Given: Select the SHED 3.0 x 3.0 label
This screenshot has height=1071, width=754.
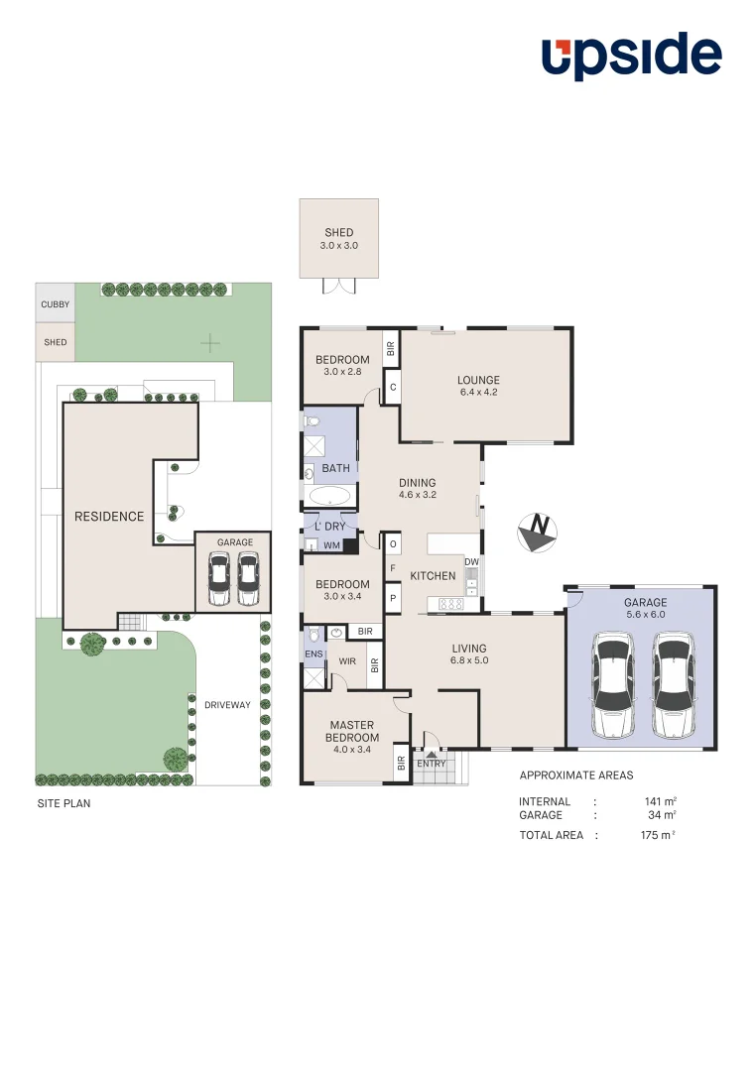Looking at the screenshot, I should [x=339, y=239].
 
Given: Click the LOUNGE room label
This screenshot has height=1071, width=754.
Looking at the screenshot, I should [x=478, y=386].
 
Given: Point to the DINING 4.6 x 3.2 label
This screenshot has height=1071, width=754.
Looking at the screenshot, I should [x=418, y=489].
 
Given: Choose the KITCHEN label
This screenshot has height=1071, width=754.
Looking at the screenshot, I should [x=433, y=576].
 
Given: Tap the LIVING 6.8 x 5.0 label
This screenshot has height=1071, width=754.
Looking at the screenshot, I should [x=468, y=654].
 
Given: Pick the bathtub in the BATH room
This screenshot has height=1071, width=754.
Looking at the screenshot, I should [x=329, y=496].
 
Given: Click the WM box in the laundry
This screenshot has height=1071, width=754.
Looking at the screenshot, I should [x=331, y=545].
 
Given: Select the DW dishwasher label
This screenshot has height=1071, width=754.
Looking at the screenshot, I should [x=471, y=562].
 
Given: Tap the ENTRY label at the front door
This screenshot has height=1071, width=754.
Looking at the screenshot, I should [x=432, y=764].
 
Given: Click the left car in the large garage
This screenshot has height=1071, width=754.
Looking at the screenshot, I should [x=612, y=686].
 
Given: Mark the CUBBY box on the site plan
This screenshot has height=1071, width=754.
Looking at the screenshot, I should [x=56, y=305].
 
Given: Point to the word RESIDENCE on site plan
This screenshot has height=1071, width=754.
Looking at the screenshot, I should [x=109, y=517].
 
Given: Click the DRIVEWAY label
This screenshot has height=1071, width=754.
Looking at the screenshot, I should [x=227, y=705].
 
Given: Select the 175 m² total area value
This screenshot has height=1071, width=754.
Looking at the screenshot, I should [x=658, y=835].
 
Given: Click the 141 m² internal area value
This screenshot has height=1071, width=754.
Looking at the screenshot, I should [x=660, y=801].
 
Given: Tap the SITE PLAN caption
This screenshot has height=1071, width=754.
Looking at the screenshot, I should [x=63, y=803].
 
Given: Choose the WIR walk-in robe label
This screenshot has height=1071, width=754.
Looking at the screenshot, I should [x=347, y=659].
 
